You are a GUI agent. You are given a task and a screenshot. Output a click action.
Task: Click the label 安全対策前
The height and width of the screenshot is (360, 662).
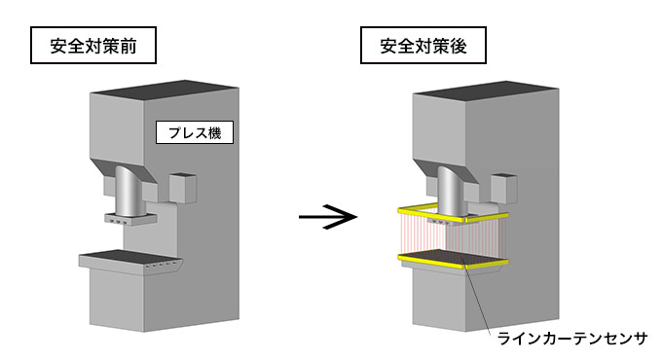click(x=93, y=46)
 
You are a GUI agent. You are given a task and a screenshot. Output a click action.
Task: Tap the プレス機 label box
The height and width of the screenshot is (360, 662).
click(x=196, y=133)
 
